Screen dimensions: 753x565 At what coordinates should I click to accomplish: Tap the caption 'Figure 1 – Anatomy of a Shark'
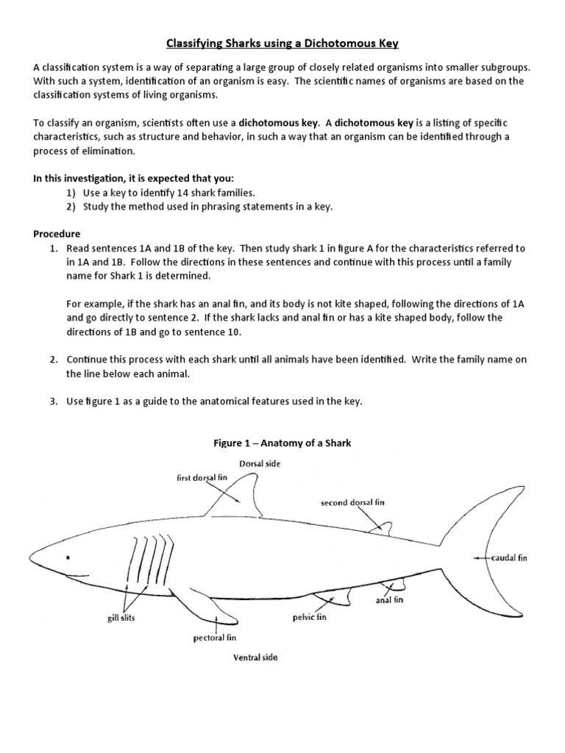click(283, 443)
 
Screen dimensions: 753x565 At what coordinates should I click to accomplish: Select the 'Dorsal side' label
click(260, 463)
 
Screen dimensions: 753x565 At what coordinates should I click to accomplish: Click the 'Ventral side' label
click(255, 657)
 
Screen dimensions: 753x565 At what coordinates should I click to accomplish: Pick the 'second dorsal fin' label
click(352, 503)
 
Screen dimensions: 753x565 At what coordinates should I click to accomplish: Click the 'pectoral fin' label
click(214, 638)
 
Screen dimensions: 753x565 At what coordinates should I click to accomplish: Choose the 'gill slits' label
click(121, 618)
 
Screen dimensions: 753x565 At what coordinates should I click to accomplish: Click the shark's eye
click(68, 557)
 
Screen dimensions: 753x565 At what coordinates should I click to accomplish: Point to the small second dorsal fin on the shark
click(381, 527)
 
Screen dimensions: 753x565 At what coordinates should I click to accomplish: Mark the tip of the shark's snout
click(30, 553)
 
